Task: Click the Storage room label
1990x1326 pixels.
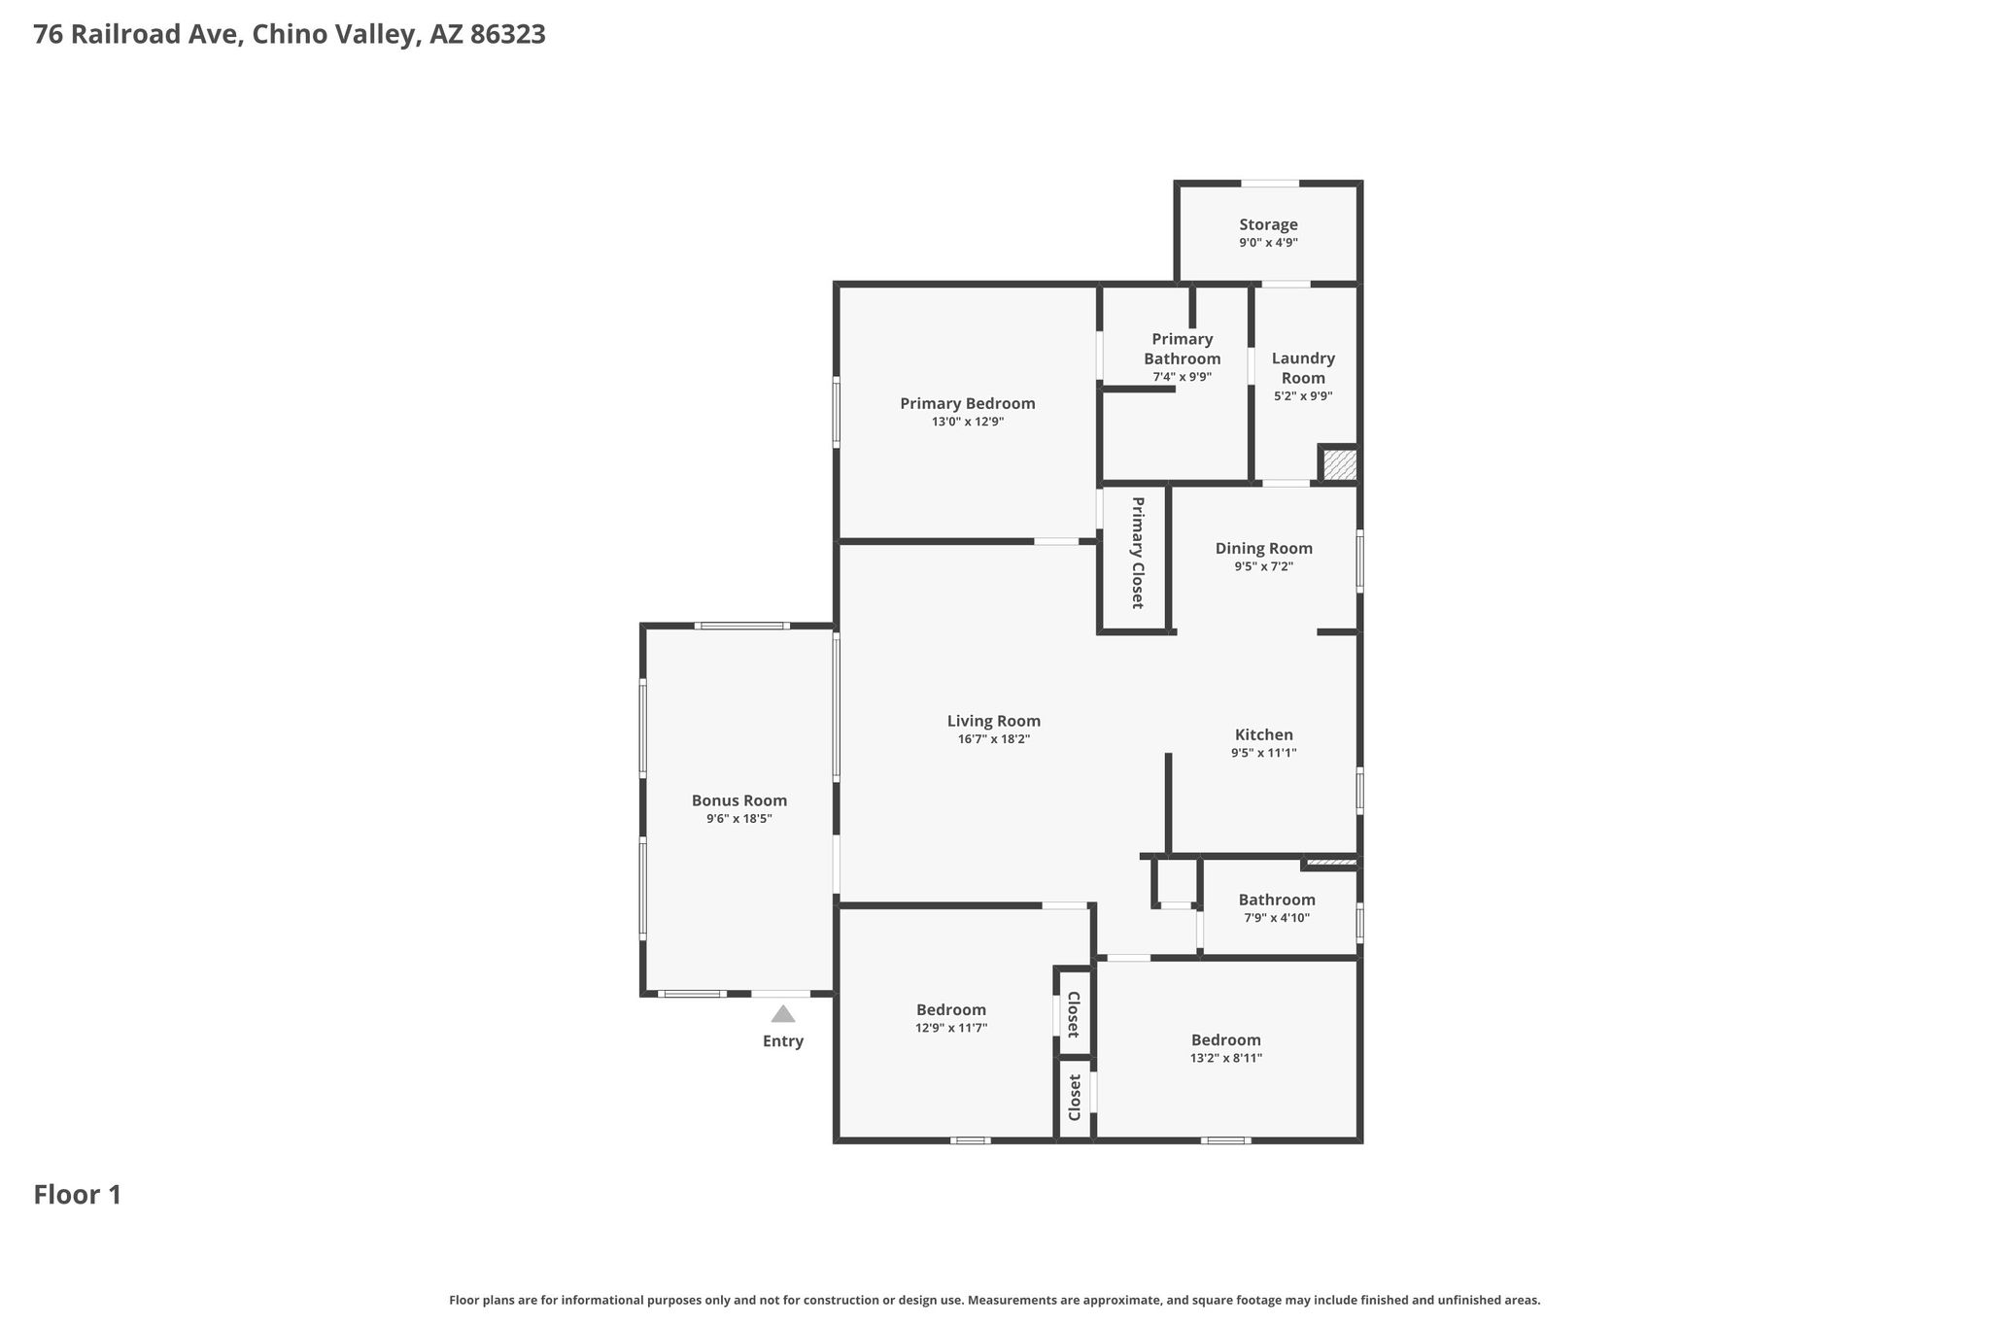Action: point(1268,224)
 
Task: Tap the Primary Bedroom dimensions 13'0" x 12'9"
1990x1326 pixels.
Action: point(967,422)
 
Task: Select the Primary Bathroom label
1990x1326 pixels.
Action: point(1182,349)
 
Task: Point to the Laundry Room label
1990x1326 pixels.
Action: point(1303,368)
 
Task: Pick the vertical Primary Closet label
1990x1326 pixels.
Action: point(1137,553)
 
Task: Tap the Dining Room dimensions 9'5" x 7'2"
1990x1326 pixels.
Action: point(1263,566)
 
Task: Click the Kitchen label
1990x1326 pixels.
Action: point(1263,734)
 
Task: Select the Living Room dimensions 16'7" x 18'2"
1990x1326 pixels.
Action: point(993,739)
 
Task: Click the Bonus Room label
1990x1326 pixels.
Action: point(738,800)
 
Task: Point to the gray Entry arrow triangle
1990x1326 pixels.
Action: point(782,1014)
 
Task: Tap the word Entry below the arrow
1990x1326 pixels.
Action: point(782,1041)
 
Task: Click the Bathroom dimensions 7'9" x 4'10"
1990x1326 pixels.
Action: point(1276,918)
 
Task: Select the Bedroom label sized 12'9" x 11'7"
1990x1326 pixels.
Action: point(950,1010)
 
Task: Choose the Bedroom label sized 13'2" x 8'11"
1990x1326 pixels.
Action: point(1225,1040)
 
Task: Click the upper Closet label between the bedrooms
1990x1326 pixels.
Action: point(1074,1014)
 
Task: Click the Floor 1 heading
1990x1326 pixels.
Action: point(78,1195)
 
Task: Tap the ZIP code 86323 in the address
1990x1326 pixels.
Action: point(507,35)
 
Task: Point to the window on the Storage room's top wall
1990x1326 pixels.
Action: point(1270,183)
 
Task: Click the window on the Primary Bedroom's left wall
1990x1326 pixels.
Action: point(836,413)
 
